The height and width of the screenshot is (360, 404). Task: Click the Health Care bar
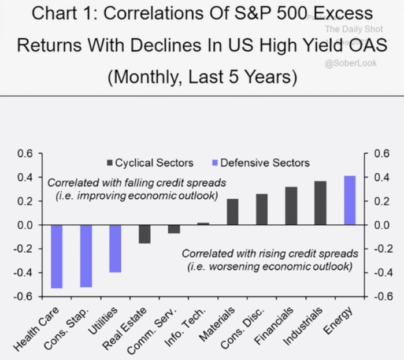tap(57, 256)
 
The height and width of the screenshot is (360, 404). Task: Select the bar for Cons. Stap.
tap(86, 255)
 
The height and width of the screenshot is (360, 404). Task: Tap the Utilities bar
tap(116, 248)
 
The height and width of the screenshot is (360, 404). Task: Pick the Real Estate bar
tap(144, 233)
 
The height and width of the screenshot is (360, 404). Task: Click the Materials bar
tap(233, 211)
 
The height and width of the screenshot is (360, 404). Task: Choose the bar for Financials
tap(291, 206)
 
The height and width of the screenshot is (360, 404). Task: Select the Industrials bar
tap(321, 203)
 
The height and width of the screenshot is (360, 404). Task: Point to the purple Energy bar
tap(350, 200)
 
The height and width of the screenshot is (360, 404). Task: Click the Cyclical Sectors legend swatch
tap(109, 164)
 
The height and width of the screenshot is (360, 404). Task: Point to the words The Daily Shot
tap(354, 29)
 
